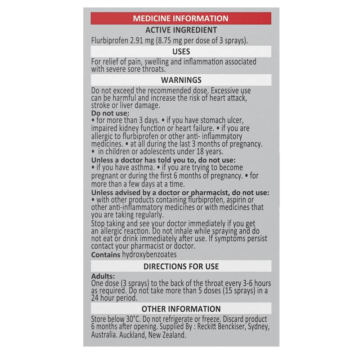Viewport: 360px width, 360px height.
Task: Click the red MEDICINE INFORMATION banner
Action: click(x=181, y=18)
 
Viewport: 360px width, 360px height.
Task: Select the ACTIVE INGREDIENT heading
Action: click(x=181, y=30)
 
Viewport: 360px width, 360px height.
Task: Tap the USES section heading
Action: click(x=181, y=52)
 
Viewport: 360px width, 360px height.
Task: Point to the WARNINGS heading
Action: click(x=181, y=80)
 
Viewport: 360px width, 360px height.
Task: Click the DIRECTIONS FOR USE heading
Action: click(x=181, y=266)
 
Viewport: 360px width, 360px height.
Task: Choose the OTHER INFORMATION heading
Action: click(x=181, y=309)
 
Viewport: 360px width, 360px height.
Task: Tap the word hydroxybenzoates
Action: click(x=149, y=255)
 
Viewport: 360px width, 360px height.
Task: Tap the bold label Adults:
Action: click(x=103, y=276)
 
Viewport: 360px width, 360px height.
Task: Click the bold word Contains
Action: click(x=106, y=255)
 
